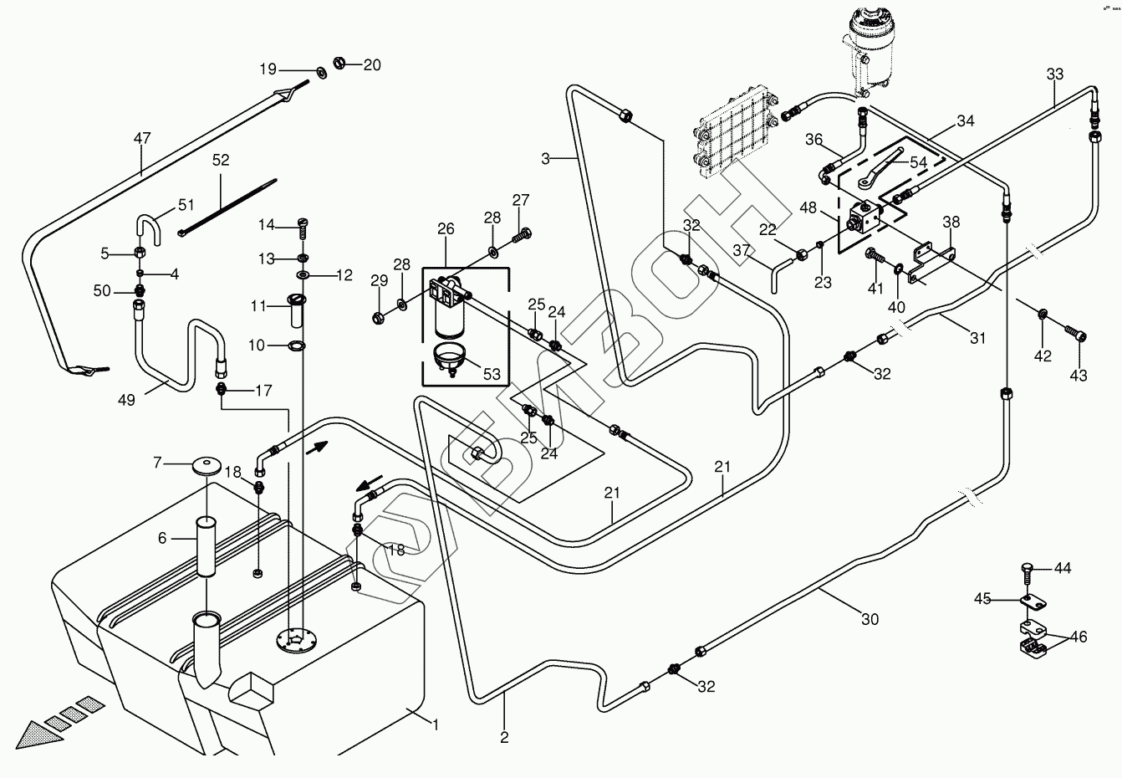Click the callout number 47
pyautogui.click(x=142, y=136)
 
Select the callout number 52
pyautogui.click(x=221, y=160)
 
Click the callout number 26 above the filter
pyautogui.click(x=446, y=228)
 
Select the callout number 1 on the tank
pyautogui.click(x=435, y=724)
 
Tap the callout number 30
pyautogui.click(x=870, y=620)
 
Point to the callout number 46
pyautogui.click(x=1079, y=637)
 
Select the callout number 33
pyautogui.click(x=1055, y=74)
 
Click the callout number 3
pyautogui.click(x=546, y=158)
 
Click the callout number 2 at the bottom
pyautogui.click(x=504, y=737)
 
